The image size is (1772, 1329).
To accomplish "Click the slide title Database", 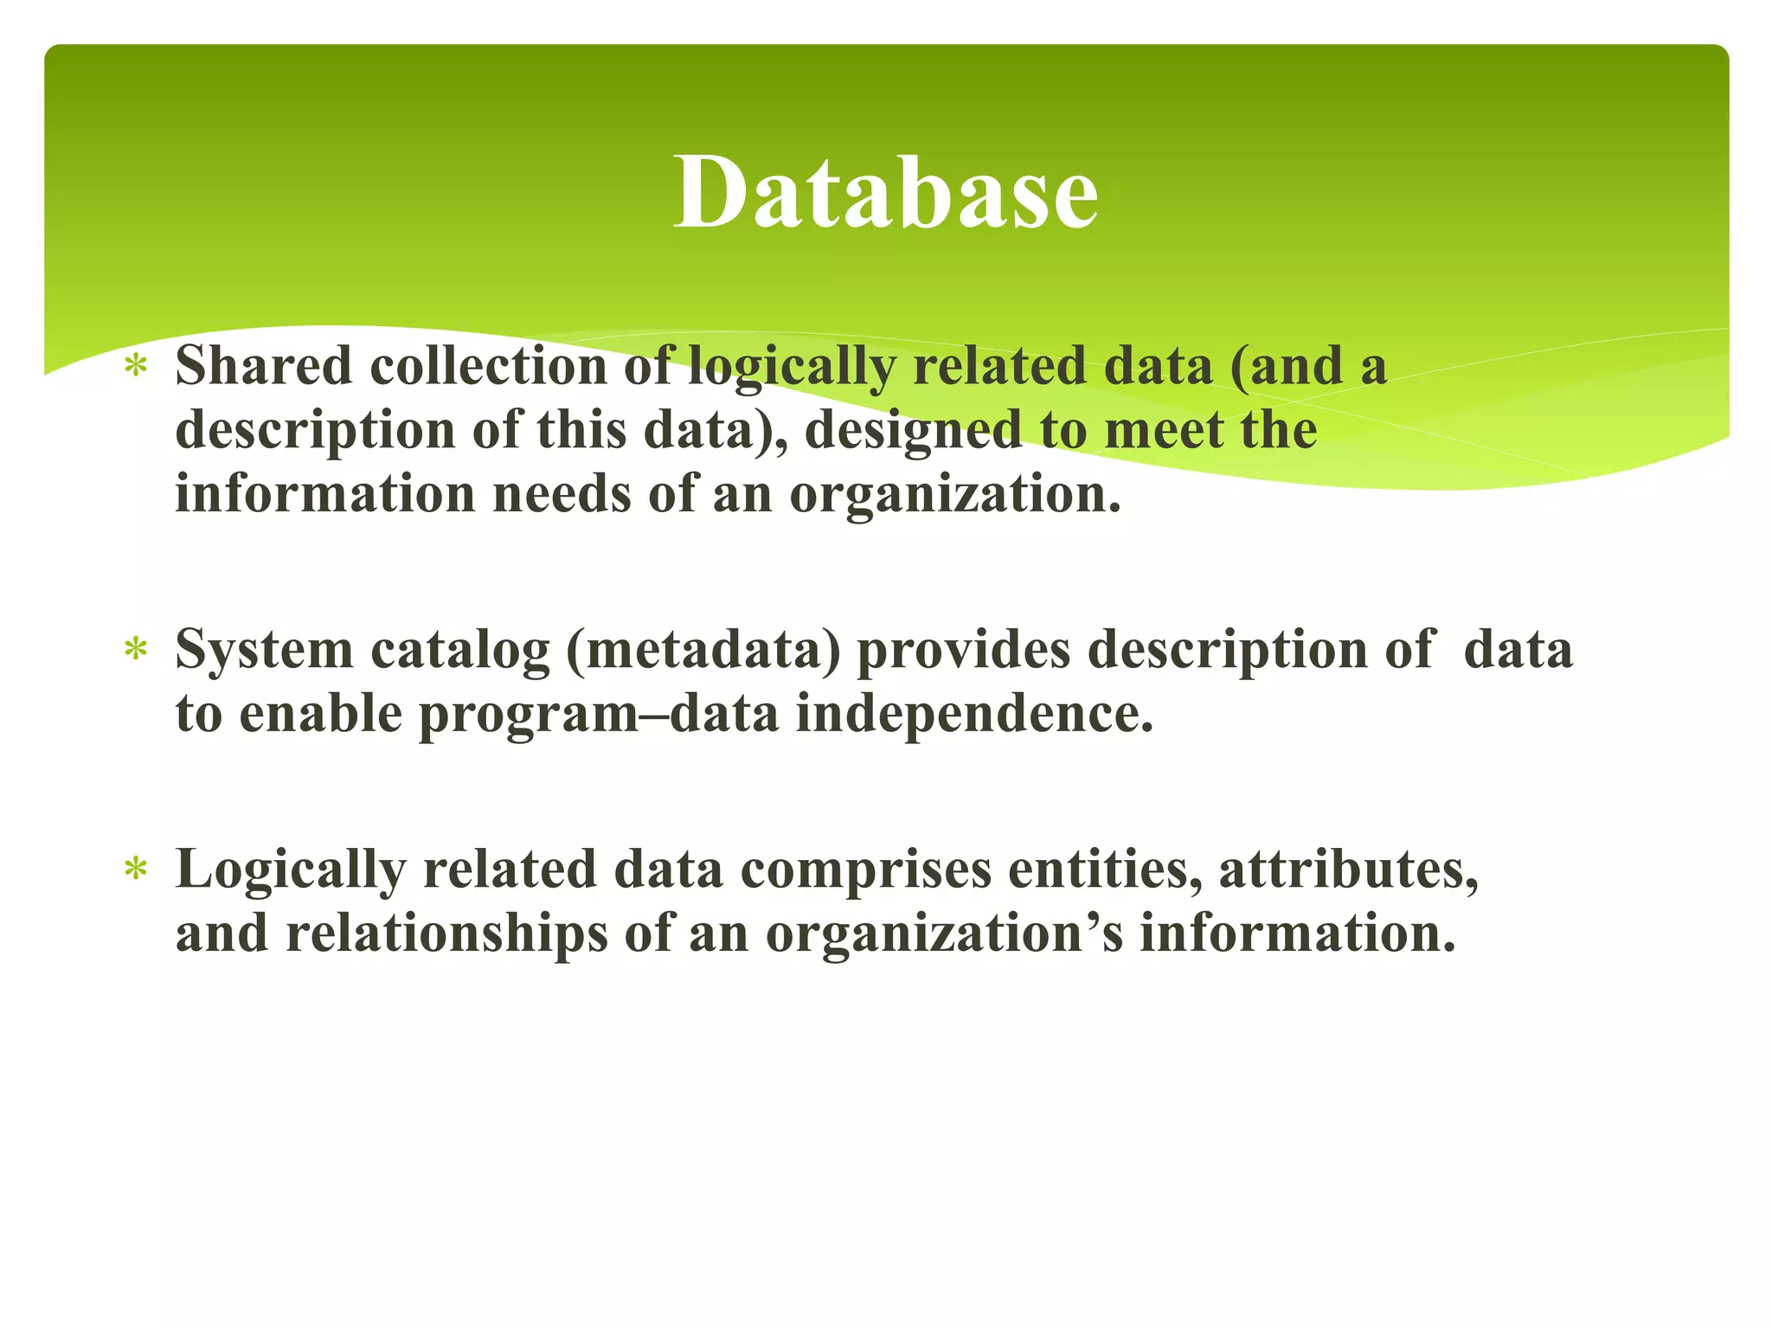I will (886, 192).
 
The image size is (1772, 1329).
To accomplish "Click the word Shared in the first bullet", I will (264, 366).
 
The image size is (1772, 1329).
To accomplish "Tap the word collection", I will (489, 366).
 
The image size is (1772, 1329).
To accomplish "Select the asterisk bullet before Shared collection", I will (136, 367).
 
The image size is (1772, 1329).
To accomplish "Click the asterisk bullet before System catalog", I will (136, 650).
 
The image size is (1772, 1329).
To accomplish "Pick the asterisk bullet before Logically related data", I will (136, 869).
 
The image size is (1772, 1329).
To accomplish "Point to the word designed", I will (913, 430).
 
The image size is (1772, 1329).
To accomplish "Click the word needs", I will (562, 494).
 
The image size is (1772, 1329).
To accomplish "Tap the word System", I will (264, 649).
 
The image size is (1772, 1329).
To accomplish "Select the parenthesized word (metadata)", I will (703, 649).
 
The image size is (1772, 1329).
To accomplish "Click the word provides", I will (963, 649).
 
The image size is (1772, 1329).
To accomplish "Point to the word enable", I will (320, 714).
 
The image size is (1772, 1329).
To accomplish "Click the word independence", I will (974, 714).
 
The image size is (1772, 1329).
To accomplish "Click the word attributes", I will (1349, 869).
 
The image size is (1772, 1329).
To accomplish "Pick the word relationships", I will (446, 934).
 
